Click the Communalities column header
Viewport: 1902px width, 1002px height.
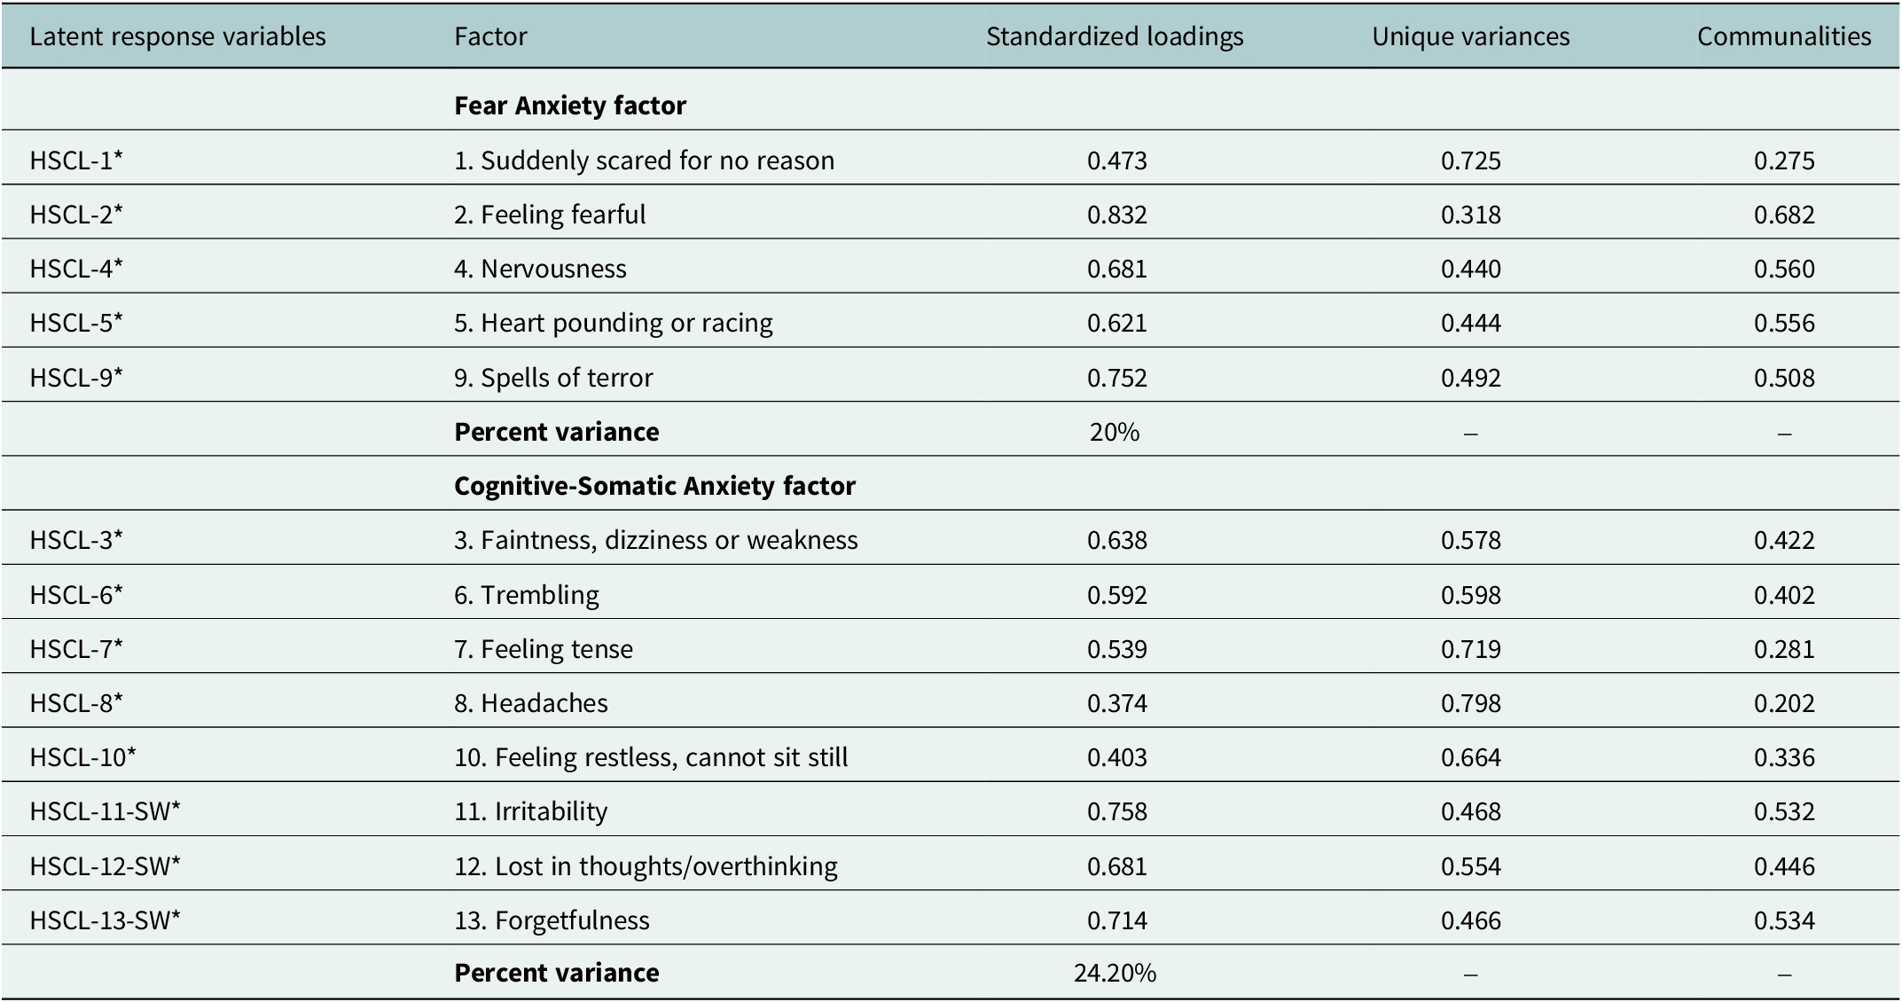pyautogui.click(x=1784, y=36)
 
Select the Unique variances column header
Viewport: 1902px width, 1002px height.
pyautogui.click(x=1471, y=36)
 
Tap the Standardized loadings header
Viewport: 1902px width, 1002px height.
pyautogui.click(x=1115, y=37)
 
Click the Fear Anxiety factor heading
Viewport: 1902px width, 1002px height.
pyautogui.click(x=570, y=106)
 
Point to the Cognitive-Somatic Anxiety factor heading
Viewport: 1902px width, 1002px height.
pyautogui.click(x=655, y=486)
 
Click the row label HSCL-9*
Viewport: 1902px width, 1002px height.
pyautogui.click(x=76, y=378)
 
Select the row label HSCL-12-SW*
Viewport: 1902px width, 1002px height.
pyautogui.click(x=105, y=865)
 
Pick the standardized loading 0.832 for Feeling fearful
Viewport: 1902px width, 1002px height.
pyautogui.click(x=1117, y=215)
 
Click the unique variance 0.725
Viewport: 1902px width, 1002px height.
pyautogui.click(x=1471, y=160)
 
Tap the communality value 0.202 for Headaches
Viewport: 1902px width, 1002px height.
pyautogui.click(x=1784, y=703)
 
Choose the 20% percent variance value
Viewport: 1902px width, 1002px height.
pyautogui.click(x=1115, y=432)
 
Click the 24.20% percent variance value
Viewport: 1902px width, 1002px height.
pyautogui.click(x=1115, y=974)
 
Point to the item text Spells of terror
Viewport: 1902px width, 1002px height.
pyautogui.click(x=567, y=378)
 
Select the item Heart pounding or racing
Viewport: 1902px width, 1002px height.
pyautogui.click(x=627, y=323)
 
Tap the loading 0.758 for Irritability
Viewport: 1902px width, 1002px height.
pyautogui.click(x=1117, y=811)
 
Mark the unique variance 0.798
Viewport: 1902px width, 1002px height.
pyautogui.click(x=1471, y=703)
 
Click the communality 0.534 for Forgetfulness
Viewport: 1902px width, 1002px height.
pyautogui.click(x=1784, y=920)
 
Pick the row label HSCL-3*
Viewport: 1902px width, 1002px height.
pyautogui.click(x=76, y=540)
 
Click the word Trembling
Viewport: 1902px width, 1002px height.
pyautogui.click(x=540, y=595)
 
